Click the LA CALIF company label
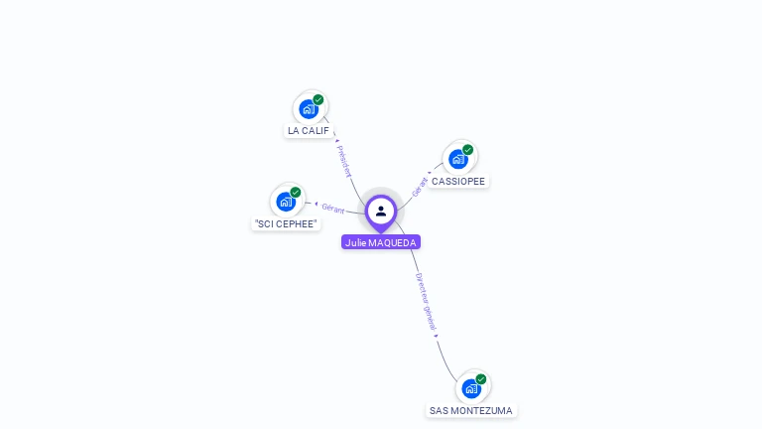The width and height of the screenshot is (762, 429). pyautogui.click(x=308, y=131)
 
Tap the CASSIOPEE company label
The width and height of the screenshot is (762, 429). pyautogui.click(x=458, y=182)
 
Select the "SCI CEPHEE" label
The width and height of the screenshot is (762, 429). pyautogui.click(x=286, y=224)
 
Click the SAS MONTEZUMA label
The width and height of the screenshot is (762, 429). pyautogui.click(x=471, y=410)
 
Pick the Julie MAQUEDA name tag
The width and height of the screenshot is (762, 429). pyautogui.click(x=381, y=242)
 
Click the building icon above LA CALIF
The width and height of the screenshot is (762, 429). pyautogui.click(x=308, y=109)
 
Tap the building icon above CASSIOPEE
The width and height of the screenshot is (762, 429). pyautogui.click(x=457, y=159)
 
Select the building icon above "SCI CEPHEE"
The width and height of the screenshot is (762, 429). pyautogui.click(x=286, y=202)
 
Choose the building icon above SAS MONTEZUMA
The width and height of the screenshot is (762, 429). pyautogui.click(x=470, y=388)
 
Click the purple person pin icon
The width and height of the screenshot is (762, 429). pyautogui.click(x=381, y=211)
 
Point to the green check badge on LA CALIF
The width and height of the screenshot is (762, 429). pyautogui.click(x=318, y=99)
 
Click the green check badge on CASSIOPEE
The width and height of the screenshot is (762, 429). pyautogui.click(x=468, y=150)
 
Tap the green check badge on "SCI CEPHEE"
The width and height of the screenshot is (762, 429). pyautogui.click(x=296, y=193)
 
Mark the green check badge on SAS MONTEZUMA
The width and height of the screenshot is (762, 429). pyautogui.click(x=481, y=379)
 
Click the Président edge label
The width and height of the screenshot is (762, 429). pyautogui.click(x=344, y=161)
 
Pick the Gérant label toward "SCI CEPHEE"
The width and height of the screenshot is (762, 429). pyautogui.click(x=332, y=208)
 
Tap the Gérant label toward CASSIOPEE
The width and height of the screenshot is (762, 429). pyautogui.click(x=420, y=186)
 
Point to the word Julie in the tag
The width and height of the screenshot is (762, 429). pyautogui.click(x=355, y=242)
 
